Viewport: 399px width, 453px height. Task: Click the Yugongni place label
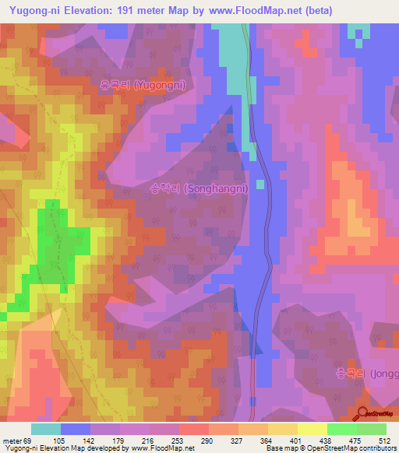click(143, 86)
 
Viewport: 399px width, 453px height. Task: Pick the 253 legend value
click(178, 440)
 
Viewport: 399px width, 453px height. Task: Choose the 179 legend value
click(119, 440)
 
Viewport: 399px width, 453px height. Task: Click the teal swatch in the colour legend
click(46, 429)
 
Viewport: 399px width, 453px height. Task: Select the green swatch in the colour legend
click(342, 429)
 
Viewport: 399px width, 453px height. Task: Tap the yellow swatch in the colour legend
click(312, 429)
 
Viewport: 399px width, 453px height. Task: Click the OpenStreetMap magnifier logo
click(362, 413)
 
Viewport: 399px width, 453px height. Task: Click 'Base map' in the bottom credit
click(278, 449)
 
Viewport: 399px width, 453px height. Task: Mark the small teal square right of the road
click(260, 184)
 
